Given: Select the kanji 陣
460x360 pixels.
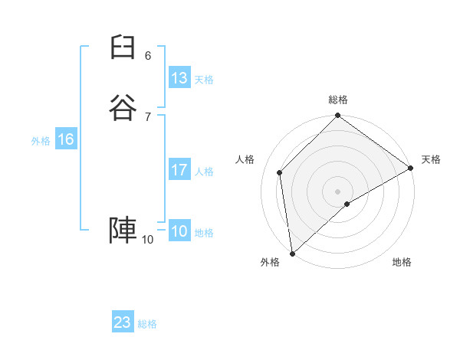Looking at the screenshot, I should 123,230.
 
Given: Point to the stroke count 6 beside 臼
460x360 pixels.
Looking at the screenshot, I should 148,56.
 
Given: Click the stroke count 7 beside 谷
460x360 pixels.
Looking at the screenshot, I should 148,116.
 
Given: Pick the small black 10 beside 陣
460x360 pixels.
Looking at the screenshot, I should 147,240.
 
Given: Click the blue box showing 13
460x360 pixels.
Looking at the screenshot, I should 179,78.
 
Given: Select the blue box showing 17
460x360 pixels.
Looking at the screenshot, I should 179,170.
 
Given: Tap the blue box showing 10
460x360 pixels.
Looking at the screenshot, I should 179,231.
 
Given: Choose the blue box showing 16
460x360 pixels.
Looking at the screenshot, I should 66,139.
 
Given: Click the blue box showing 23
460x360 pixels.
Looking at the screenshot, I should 123,322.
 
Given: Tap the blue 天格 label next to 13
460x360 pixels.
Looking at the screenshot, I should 204,80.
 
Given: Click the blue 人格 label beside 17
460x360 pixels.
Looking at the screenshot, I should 204,172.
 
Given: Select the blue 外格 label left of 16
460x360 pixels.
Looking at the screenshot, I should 41,141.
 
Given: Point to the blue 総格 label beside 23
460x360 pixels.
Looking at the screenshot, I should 147,324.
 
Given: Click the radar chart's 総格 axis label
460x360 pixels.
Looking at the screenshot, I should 338,100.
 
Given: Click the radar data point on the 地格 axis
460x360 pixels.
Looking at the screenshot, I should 347,204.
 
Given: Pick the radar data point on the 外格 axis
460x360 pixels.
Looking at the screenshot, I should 292,253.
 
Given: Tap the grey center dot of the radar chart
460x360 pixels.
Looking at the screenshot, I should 338,191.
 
